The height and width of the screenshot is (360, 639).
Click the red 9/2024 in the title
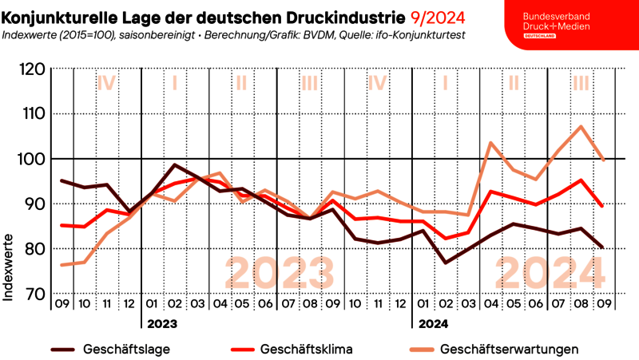pos(439,16)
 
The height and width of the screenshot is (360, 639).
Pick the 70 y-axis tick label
pos(32,295)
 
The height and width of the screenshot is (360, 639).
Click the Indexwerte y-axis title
pos(9,267)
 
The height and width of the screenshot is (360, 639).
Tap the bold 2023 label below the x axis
pos(161,324)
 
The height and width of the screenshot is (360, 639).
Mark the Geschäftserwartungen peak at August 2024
pos(581,126)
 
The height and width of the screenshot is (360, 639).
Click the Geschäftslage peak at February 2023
pos(175,165)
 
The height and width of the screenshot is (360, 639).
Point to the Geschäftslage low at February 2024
pos(445,263)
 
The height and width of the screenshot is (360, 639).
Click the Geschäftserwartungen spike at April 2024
pos(490,143)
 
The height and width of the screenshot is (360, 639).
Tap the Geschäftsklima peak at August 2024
pos(581,180)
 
